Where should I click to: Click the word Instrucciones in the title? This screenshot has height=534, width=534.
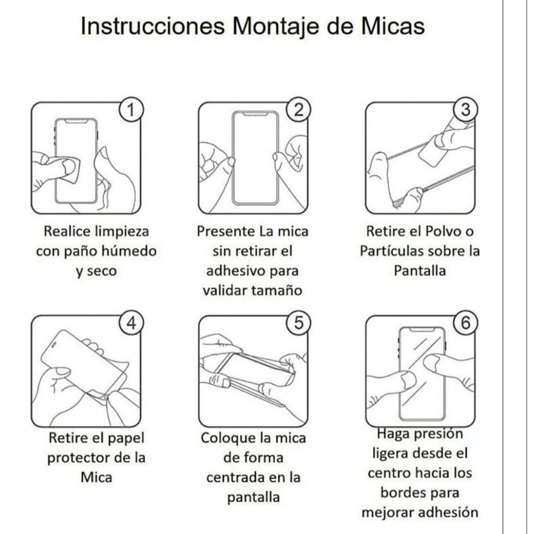point(153,26)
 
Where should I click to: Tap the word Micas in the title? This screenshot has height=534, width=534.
point(392,26)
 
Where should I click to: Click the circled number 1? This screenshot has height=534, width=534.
point(131,110)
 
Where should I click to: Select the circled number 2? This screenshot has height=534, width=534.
point(299,110)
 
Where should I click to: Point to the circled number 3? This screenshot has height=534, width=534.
point(466,110)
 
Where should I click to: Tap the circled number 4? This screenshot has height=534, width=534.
point(131,323)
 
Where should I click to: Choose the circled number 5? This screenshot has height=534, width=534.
point(299,323)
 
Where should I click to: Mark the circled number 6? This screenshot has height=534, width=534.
point(466,323)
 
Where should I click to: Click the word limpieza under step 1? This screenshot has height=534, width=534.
point(122,232)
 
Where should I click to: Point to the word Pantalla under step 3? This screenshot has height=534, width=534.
point(420,271)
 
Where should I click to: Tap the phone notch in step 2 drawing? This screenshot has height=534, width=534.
point(255,114)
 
